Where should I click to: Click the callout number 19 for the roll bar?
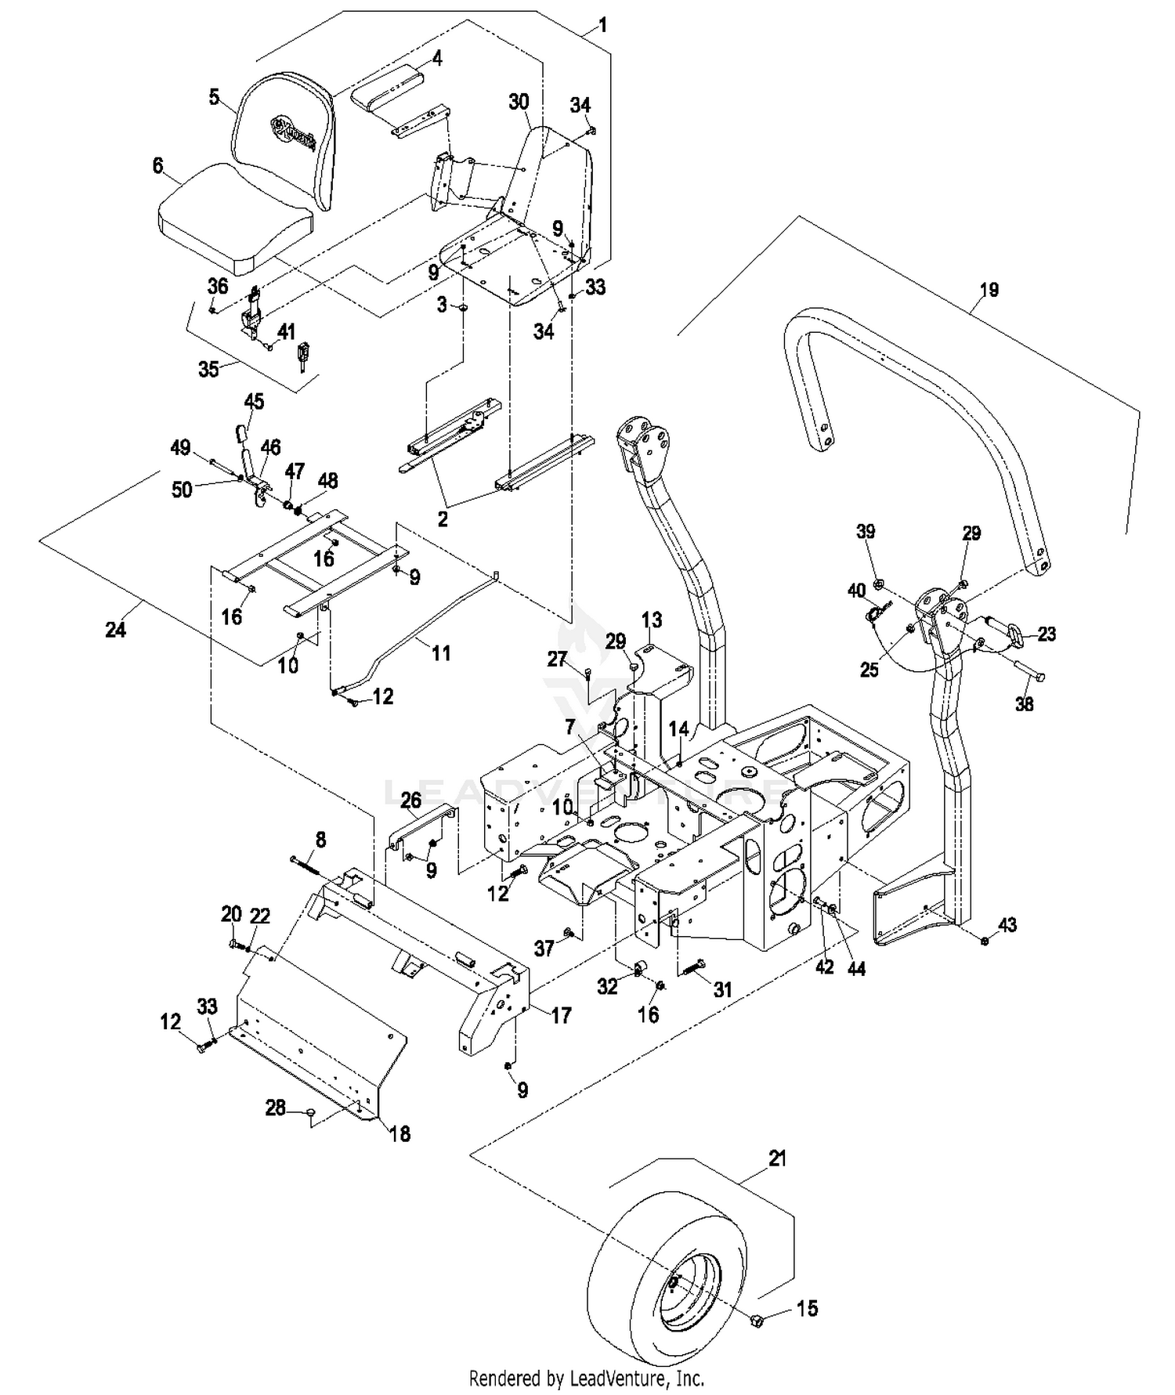[989, 290]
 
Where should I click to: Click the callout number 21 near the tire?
[777, 1158]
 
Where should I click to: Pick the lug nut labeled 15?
[757, 1321]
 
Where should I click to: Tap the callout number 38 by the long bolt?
[1025, 703]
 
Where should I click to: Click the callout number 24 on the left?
[115, 628]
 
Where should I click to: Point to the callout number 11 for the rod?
[442, 652]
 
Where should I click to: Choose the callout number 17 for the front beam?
[561, 1015]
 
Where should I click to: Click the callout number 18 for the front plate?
[399, 1133]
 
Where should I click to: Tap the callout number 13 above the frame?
[652, 620]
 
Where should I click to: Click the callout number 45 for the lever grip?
[254, 401]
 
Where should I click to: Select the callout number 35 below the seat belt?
[208, 368]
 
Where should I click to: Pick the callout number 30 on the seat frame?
[519, 102]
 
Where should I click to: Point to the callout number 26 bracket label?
[410, 800]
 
